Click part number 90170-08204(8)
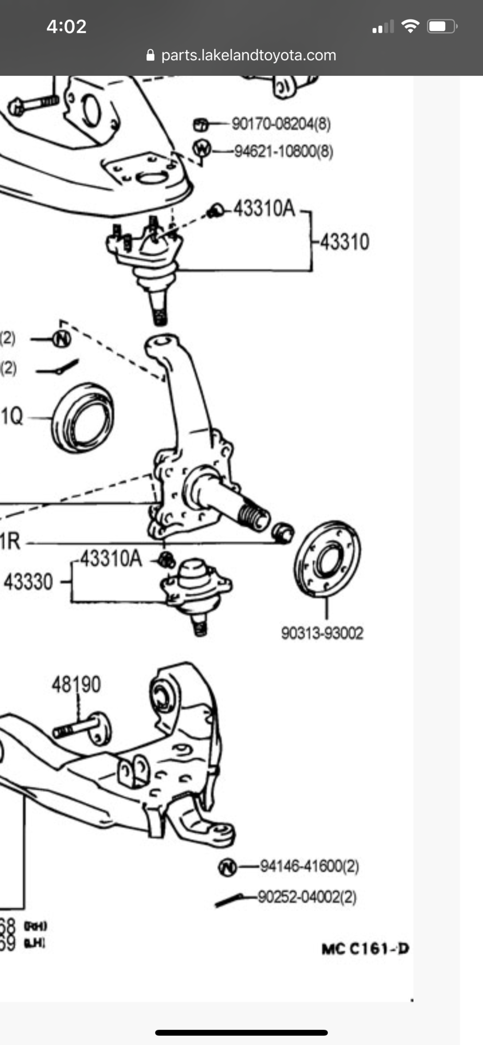(281, 124)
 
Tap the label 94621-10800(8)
(283, 151)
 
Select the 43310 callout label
(344, 242)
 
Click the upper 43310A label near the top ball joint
(264, 208)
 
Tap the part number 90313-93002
(322, 633)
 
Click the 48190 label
(76, 684)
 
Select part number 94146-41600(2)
(309, 866)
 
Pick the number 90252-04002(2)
(307, 897)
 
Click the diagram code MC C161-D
(365, 948)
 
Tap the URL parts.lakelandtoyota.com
(248, 55)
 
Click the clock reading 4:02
(66, 26)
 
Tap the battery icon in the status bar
(442, 27)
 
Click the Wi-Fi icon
(410, 26)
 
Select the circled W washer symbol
(202, 149)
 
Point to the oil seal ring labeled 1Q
(83, 416)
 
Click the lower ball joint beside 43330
(195, 588)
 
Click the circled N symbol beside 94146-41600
(227, 867)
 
